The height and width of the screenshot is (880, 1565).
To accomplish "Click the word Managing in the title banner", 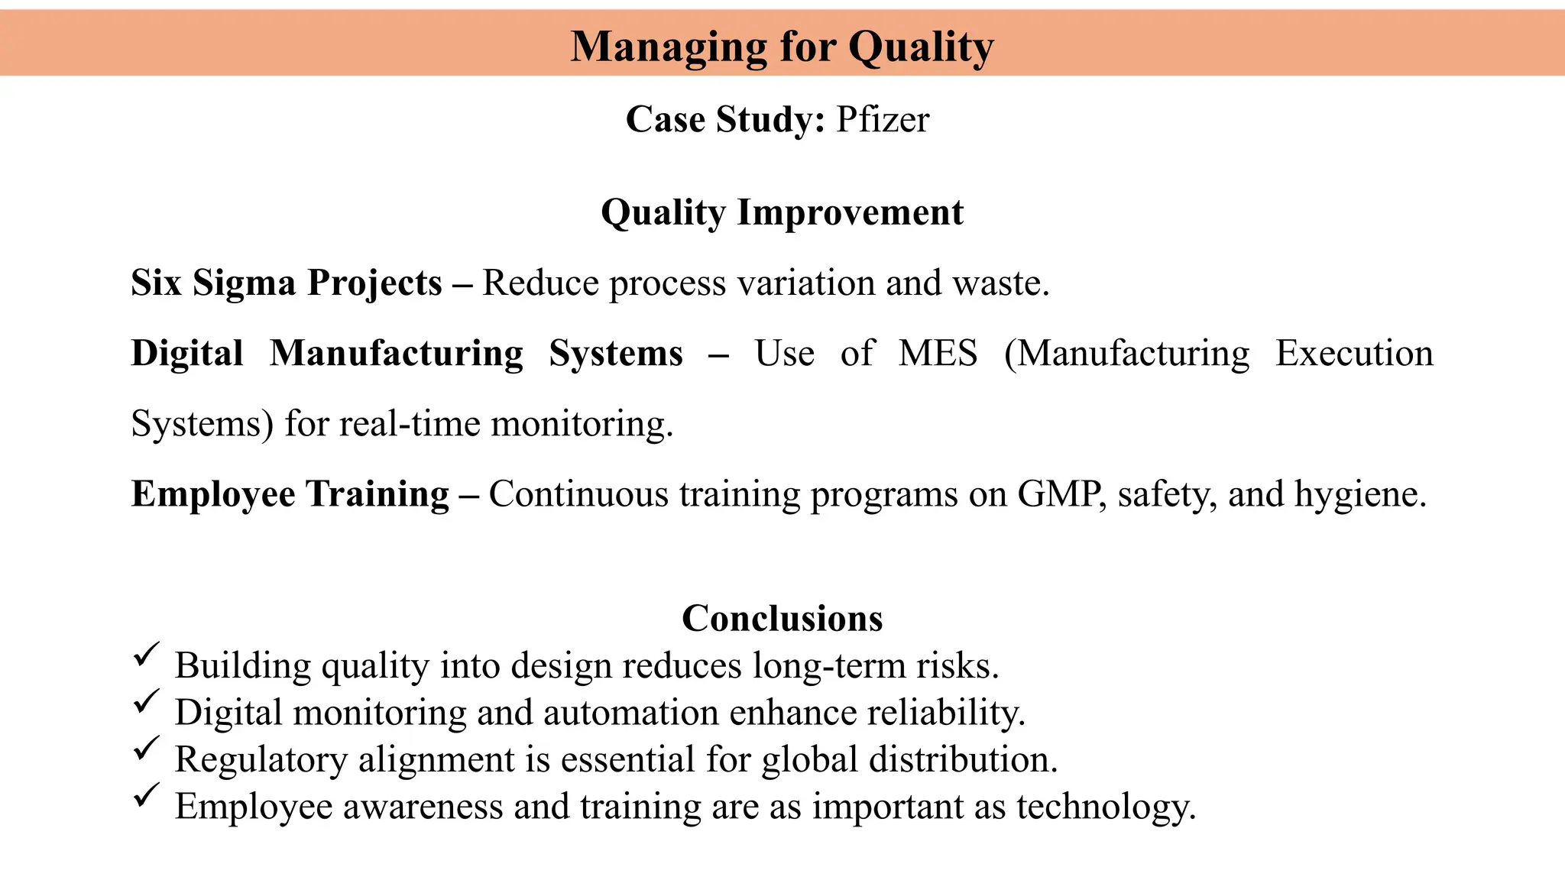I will (668, 47).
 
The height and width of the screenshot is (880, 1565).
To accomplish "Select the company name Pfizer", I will (883, 120).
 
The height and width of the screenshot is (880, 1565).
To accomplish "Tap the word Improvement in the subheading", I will (850, 212).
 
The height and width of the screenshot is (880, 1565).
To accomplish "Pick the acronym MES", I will (938, 354).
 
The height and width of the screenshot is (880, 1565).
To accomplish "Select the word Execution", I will (1354, 354).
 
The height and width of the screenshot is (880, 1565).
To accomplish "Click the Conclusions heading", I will (782, 618).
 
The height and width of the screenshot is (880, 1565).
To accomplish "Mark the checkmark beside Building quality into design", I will (146, 655).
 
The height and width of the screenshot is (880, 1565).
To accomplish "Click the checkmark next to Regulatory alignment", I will (146, 749).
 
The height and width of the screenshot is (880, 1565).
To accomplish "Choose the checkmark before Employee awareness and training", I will (146, 795).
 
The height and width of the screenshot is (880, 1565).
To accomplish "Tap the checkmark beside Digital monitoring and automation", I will (146, 701).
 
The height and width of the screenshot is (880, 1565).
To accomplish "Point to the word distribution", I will (963, 760).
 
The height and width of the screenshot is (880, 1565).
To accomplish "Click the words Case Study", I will (725, 120).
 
